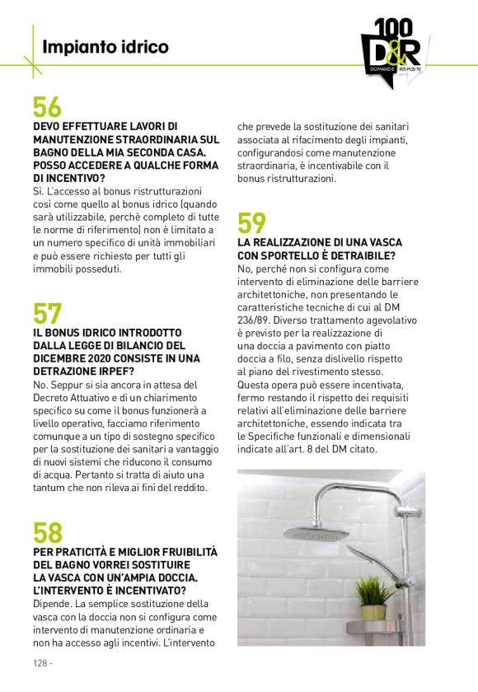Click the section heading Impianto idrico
tap(105, 47)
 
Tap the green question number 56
tap(47, 108)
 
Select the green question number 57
tap(47, 314)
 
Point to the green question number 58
tap(47, 532)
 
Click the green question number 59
tap(252, 223)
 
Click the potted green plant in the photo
tap(376, 596)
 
